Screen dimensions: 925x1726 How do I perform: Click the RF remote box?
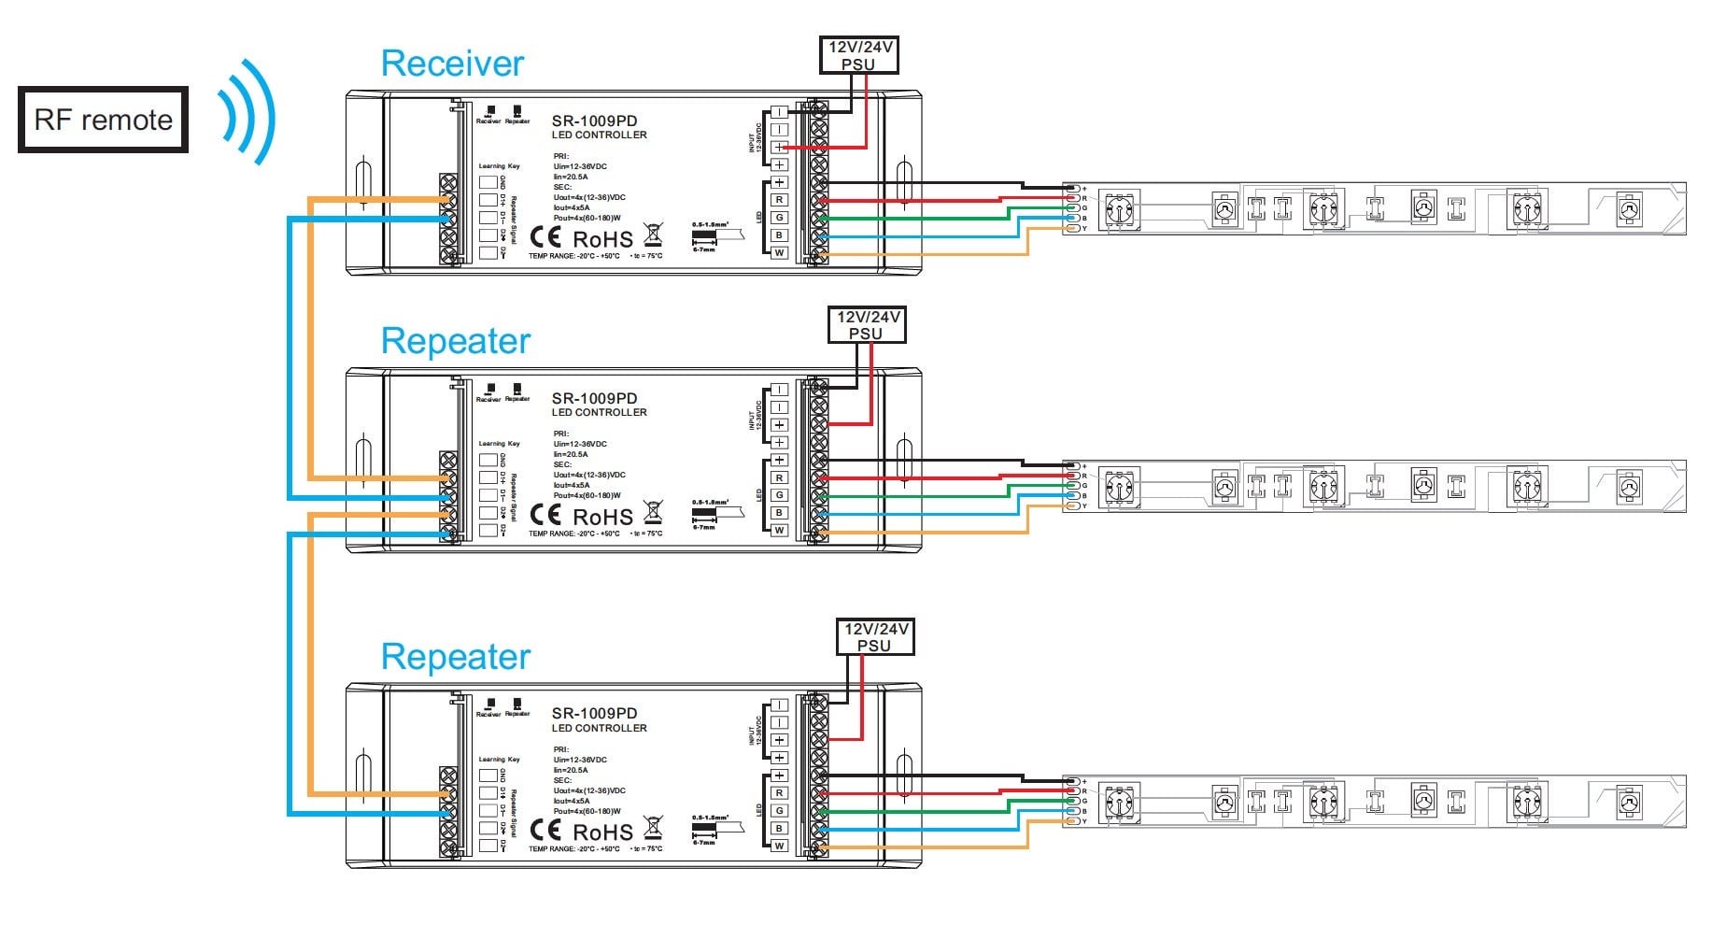103,120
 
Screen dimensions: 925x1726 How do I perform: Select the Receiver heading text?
452,64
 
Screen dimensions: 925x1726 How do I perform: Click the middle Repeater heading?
456,341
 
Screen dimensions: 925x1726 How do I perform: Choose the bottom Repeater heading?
456,657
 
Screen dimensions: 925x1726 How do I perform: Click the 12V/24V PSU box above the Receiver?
858,55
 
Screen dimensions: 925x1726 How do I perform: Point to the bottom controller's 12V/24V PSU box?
873,637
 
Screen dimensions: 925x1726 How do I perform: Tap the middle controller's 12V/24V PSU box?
866,325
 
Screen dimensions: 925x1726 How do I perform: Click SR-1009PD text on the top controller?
594,121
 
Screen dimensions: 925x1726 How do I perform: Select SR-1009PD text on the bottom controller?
594,713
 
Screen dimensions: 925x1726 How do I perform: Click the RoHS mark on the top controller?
602,239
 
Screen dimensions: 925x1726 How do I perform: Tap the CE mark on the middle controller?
545,515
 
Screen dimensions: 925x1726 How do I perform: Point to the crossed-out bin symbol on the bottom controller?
654,828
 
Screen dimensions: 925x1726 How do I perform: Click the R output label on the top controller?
779,200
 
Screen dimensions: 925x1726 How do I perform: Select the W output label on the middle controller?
779,530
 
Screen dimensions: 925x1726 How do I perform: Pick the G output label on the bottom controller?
779,811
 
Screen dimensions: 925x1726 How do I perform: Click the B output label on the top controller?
779,235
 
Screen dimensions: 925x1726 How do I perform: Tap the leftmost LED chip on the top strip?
1119,209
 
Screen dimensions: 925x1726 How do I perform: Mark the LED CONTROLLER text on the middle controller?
599,412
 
